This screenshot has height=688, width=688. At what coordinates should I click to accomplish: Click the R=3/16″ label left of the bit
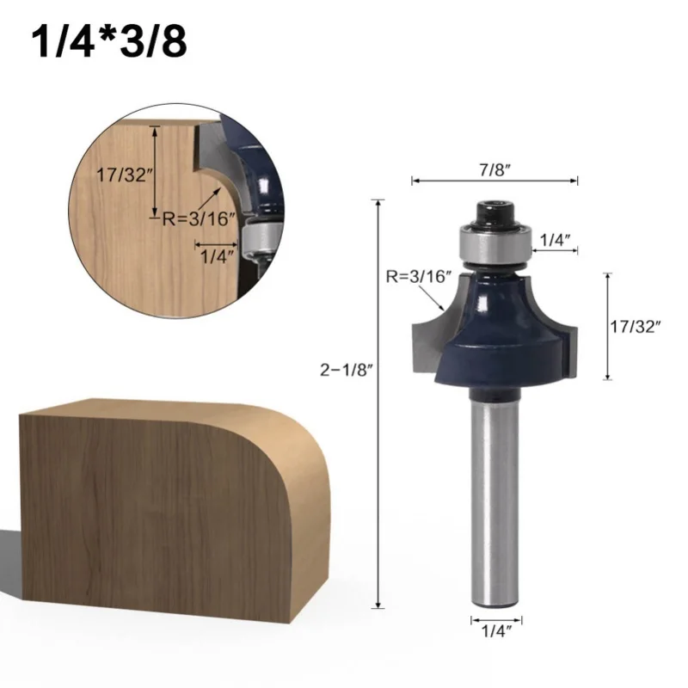click(417, 276)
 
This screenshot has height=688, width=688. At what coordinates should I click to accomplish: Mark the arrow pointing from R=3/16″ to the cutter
click(438, 300)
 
